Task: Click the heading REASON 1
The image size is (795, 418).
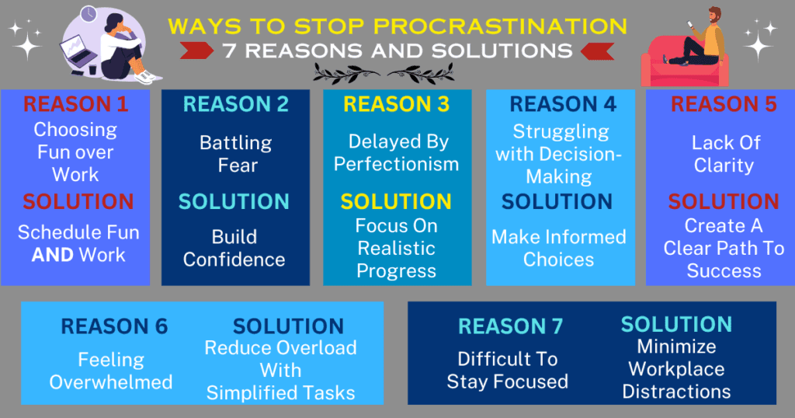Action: pyautogui.click(x=75, y=104)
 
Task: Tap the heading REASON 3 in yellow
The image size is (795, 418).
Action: pyautogui.click(x=397, y=104)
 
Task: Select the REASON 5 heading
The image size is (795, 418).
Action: pyautogui.click(x=724, y=104)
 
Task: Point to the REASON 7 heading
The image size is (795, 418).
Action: pyautogui.click(x=511, y=326)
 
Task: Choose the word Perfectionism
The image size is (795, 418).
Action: pyautogui.click(x=397, y=165)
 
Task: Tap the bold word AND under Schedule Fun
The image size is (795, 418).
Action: pyautogui.click(x=53, y=255)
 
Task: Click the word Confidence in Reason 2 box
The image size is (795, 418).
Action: pyautogui.click(x=234, y=260)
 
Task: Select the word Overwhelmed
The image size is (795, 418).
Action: pyautogui.click(x=111, y=382)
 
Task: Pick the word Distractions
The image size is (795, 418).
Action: pyautogui.click(x=676, y=392)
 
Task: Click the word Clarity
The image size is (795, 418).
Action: pyautogui.click(x=724, y=165)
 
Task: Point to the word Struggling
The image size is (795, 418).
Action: pyautogui.click(x=561, y=132)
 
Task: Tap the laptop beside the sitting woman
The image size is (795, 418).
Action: pyautogui.click(x=78, y=50)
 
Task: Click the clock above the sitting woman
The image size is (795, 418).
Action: pyautogui.click(x=89, y=14)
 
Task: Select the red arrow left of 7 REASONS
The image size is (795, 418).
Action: pyautogui.click(x=196, y=51)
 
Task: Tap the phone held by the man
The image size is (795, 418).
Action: pyautogui.click(x=690, y=25)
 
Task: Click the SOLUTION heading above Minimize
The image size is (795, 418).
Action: pyautogui.click(x=677, y=324)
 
